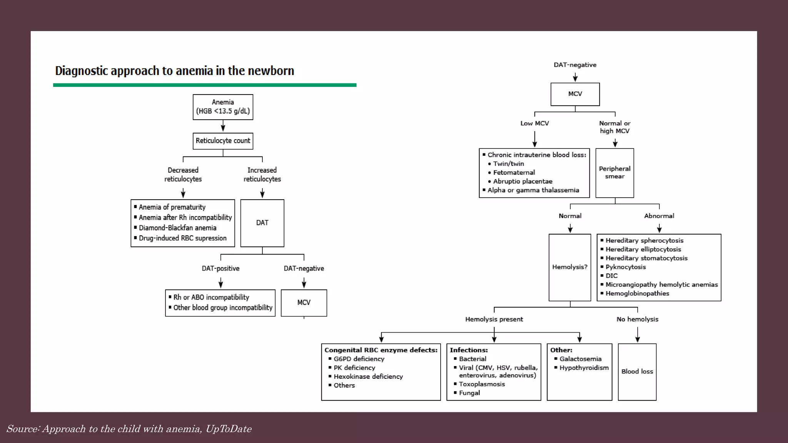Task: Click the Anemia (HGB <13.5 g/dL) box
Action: coord(223,107)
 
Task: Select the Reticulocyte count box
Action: coord(223,141)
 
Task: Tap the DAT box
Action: coord(262,223)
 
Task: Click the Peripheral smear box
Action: coord(614,173)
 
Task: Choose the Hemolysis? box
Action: coord(569,267)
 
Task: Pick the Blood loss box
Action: coord(637,371)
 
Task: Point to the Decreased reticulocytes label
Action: coord(183,175)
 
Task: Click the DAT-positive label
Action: coord(220,268)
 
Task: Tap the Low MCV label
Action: coord(534,123)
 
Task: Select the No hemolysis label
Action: coord(637,319)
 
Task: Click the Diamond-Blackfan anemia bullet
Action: coord(177,228)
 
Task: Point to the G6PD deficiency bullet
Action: coord(359,359)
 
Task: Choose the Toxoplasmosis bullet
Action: coord(482,384)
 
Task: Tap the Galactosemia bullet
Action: coord(580,359)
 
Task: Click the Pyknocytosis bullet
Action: coord(625,267)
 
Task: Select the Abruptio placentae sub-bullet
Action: coord(523,182)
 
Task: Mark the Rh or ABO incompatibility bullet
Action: coord(211,297)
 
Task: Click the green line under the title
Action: coord(204,85)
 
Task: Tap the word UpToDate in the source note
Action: coord(229,429)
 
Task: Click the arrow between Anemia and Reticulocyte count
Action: coord(223,126)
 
